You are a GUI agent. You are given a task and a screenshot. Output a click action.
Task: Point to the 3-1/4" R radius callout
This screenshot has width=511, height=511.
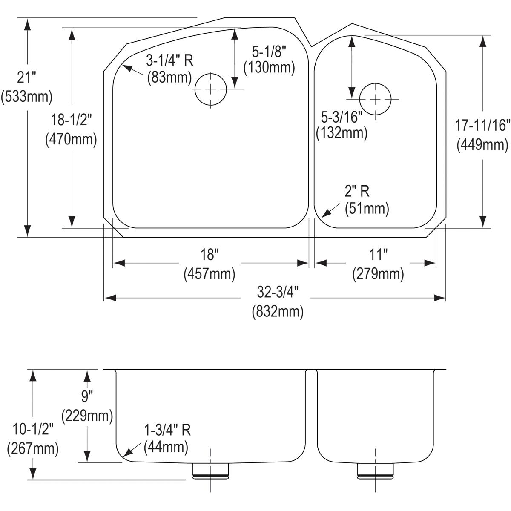169,60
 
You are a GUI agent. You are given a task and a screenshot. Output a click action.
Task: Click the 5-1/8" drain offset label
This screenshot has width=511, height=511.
269,52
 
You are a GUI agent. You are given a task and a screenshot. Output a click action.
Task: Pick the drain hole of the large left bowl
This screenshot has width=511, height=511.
210,89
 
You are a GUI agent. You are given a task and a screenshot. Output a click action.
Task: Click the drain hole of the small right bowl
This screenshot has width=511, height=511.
375,99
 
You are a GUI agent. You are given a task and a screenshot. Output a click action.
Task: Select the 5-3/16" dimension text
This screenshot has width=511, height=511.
342,115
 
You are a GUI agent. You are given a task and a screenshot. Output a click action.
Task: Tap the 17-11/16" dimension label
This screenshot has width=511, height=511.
482,125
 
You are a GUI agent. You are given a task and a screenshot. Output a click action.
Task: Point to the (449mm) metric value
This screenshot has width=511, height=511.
482,145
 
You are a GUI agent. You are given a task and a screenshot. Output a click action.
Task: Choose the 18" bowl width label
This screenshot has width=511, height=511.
210,255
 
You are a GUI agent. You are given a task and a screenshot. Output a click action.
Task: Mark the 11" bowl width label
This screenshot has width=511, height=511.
378,255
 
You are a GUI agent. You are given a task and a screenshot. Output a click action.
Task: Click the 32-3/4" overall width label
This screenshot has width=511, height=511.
278,293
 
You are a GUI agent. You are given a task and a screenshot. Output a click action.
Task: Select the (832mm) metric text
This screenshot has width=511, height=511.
278,312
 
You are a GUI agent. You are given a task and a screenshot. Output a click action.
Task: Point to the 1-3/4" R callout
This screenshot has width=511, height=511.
167,430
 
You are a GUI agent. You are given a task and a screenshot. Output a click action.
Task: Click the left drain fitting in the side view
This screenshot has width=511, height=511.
210,471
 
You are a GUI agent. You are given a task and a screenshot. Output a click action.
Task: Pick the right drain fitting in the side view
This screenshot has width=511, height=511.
375,470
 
